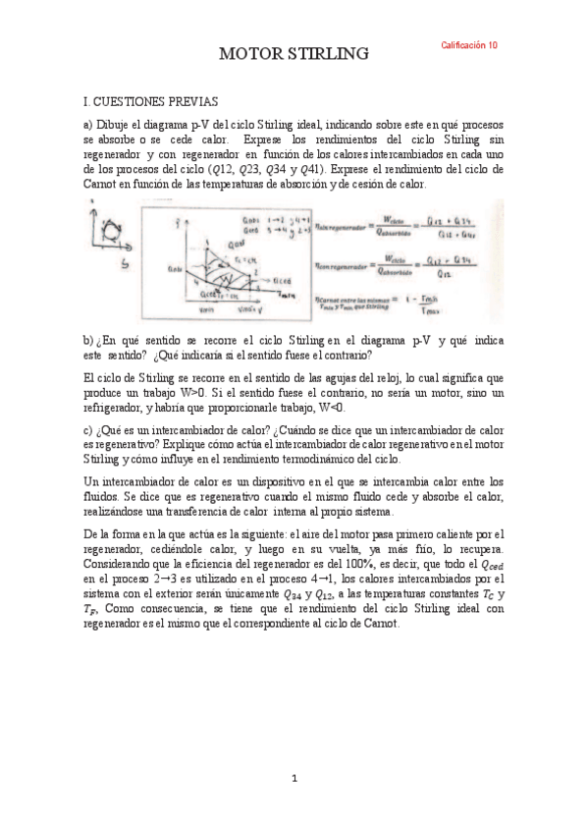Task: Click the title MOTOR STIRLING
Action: tap(294, 53)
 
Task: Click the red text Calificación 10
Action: tap(469, 45)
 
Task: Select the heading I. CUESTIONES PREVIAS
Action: tap(151, 101)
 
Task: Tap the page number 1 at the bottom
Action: tap(294, 779)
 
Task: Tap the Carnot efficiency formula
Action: tap(393, 307)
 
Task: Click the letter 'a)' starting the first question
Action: tap(88, 127)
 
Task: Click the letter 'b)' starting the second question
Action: tap(88, 340)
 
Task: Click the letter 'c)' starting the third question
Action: tap(88, 430)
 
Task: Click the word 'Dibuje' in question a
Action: tap(117, 127)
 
